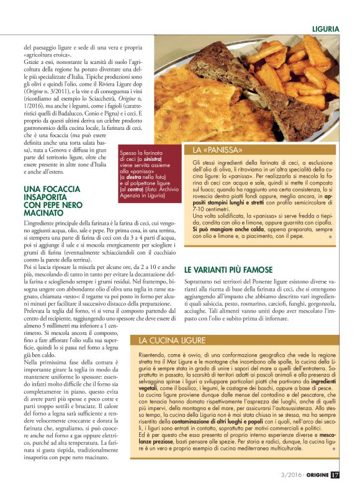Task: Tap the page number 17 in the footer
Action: [x=335, y=476]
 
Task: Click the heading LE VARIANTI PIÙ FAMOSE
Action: [x=228, y=270]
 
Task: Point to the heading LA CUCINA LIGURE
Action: [x=165, y=340]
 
